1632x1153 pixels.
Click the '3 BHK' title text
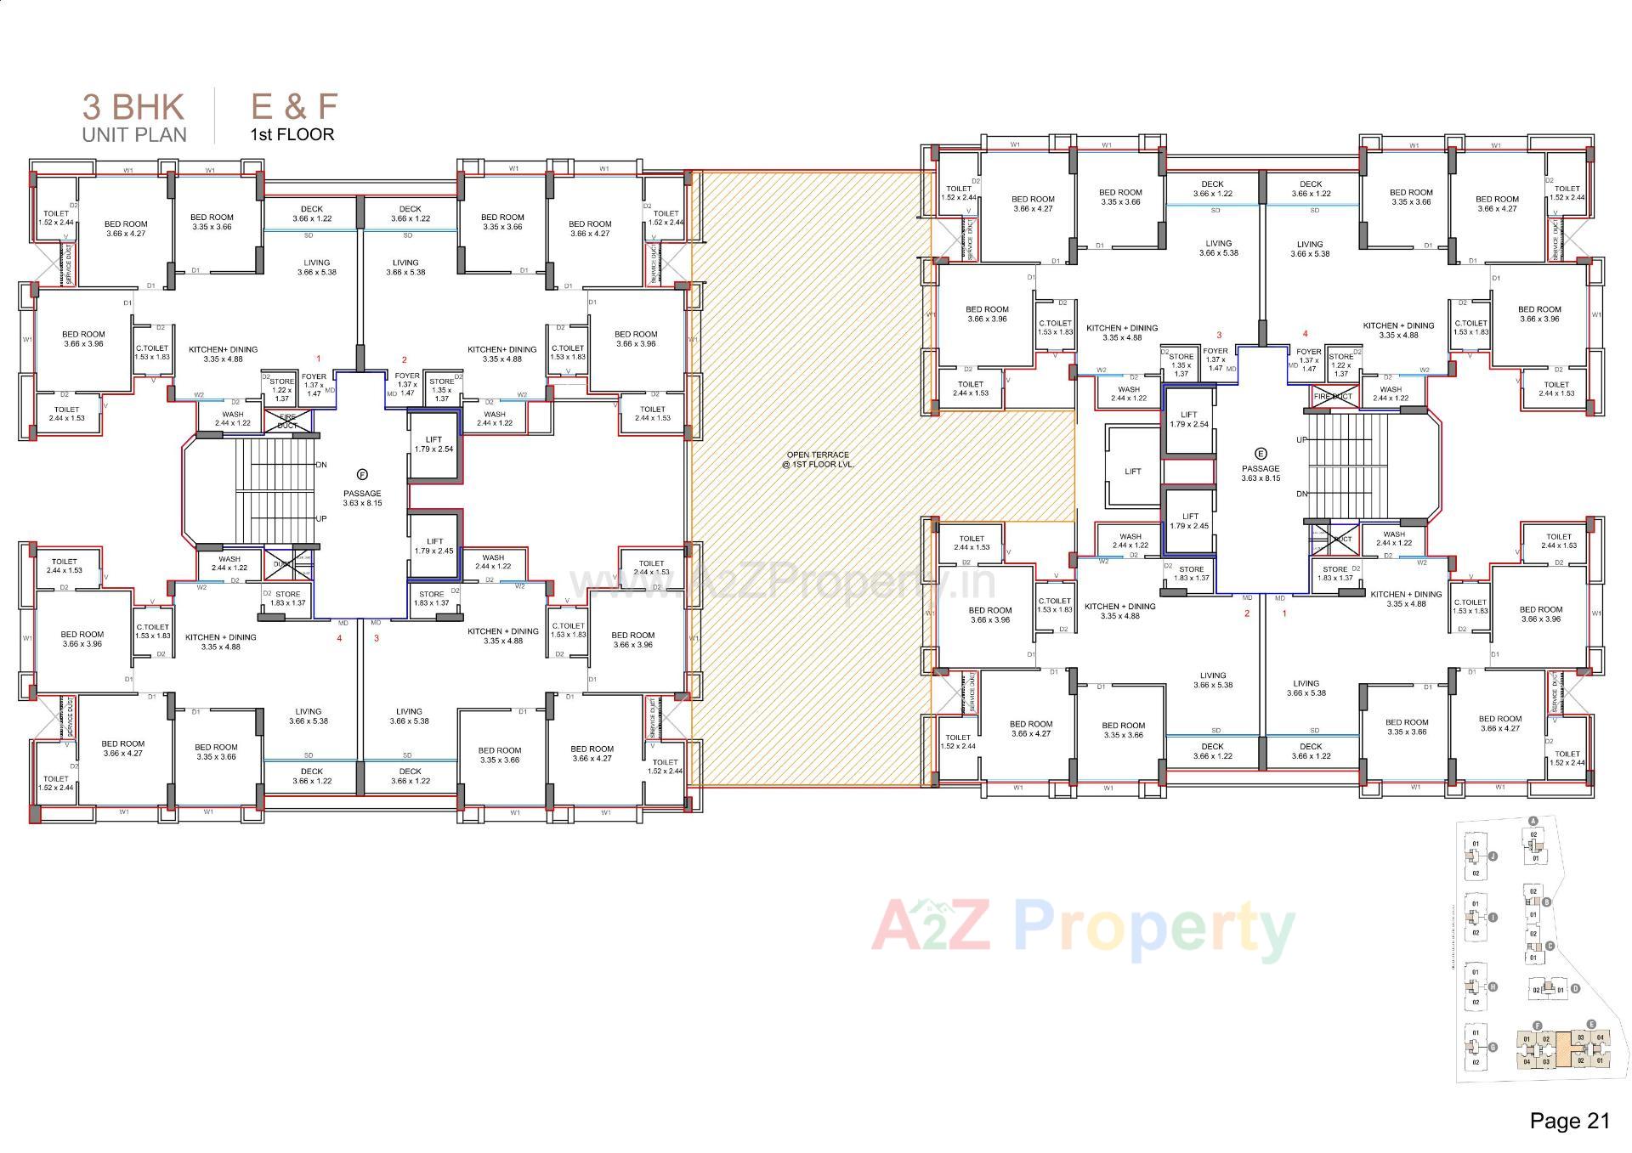pyautogui.click(x=133, y=107)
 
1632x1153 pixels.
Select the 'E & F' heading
pyautogui.click(x=293, y=107)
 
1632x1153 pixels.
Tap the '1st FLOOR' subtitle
pyautogui.click(x=292, y=134)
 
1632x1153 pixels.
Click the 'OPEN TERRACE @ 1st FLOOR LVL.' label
pyautogui.click(x=818, y=460)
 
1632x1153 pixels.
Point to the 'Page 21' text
pyautogui.click(x=1569, y=1121)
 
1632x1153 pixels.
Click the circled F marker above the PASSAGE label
pyautogui.click(x=362, y=474)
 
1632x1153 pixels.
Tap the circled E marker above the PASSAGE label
pyautogui.click(x=1261, y=454)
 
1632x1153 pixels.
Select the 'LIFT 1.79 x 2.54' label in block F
pyautogui.click(x=433, y=444)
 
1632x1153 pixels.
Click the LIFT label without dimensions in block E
pyautogui.click(x=1132, y=472)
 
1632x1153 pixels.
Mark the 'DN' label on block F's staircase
pyautogui.click(x=321, y=465)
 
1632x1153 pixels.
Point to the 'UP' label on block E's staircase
pyautogui.click(x=1301, y=440)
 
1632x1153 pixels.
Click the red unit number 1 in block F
pyautogui.click(x=319, y=359)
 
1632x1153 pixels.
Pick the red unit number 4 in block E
pyautogui.click(x=1306, y=334)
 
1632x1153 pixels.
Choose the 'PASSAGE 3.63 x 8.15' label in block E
pyautogui.click(x=1261, y=473)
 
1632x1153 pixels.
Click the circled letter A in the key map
pyautogui.click(x=1533, y=822)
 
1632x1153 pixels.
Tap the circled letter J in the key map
pyautogui.click(x=1493, y=856)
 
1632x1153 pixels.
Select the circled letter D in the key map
pyautogui.click(x=1575, y=989)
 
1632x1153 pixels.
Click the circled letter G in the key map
pyautogui.click(x=1493, y=1048)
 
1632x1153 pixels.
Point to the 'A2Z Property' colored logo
pyautogui.click(x=1083, y=928)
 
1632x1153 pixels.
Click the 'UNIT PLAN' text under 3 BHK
pyautogui.click(x=134, y=134)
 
